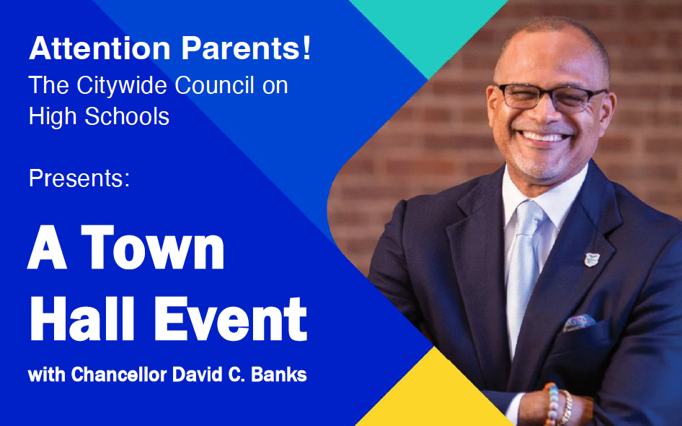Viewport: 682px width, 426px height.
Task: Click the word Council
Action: pyautogui.click(x=214, y=85)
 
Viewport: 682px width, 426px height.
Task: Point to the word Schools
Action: pyautogui.click(x=127, y=116)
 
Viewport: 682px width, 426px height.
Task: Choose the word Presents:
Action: pyautogui.click(x=79, y=179)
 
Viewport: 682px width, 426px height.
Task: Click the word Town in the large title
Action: pyautogui.click(x=153, y=248)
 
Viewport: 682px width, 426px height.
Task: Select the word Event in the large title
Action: pyautogui.click(x=231, y=318)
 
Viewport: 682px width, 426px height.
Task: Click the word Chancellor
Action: pyautogui.click(x=119, y=375)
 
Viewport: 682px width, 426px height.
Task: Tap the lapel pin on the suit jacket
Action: pyautogui.click(x=592, y=260)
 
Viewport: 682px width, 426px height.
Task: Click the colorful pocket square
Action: pyautogui.click(x=580, y=323)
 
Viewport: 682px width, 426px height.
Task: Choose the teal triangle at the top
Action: pyautogui.click(x=429, y=30)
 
